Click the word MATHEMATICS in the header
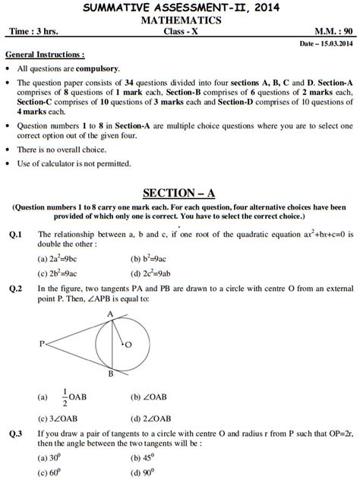coord(180,20)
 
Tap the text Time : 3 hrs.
coord(33,32)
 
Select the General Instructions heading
coord(46,56)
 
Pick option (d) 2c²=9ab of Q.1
coord(151,272)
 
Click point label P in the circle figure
coord(40,344)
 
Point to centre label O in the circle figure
coord(128,344)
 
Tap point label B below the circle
coord(110,374)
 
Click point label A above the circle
coord(110,314)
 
